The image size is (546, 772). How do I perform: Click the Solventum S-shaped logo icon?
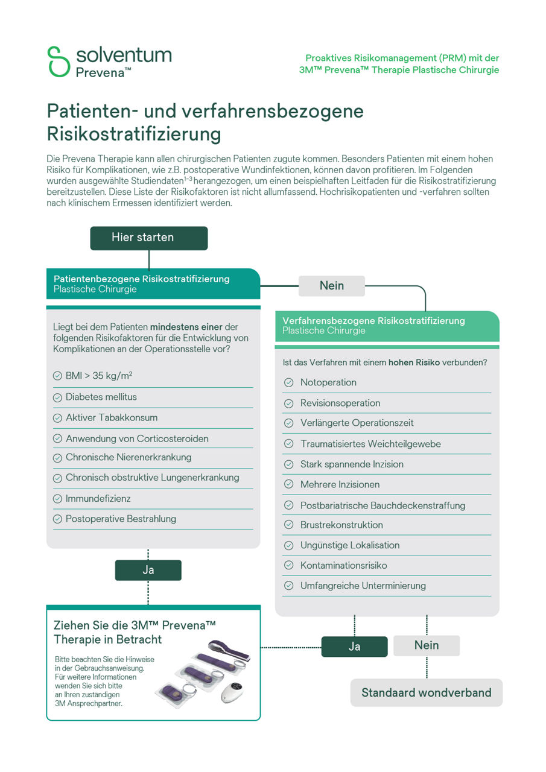[x=59, y=61]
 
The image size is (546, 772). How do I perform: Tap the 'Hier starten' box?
[x=148, y=238]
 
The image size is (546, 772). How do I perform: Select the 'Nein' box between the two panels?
[x=331, y=286]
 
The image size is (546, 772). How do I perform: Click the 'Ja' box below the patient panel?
[x=148, y=570]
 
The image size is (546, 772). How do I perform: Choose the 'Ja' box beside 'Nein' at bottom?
[x=354, y=647]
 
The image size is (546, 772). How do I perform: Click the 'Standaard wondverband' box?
[x=426, y=692]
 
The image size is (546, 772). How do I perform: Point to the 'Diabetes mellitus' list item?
[x=101, y=397]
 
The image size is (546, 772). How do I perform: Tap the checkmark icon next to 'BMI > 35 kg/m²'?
[x=58, y=376]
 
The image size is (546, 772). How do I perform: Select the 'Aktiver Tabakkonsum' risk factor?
[x=112, y=417]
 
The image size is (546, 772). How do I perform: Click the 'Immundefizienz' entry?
[x=98, y=498]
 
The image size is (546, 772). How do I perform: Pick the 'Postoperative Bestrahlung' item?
[x=121, y=519]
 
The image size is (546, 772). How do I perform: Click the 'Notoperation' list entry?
[x=328, y=382]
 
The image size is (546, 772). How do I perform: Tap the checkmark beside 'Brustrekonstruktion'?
[x=289, y=525]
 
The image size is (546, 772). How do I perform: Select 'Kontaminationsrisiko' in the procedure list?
[x=343, y=565]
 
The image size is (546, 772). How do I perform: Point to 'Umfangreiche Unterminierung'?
[x=363, y=586]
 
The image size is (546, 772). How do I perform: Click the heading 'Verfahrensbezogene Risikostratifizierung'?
[x=373, y=320]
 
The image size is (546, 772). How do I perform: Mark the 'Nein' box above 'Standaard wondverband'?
[x=426, y=645]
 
